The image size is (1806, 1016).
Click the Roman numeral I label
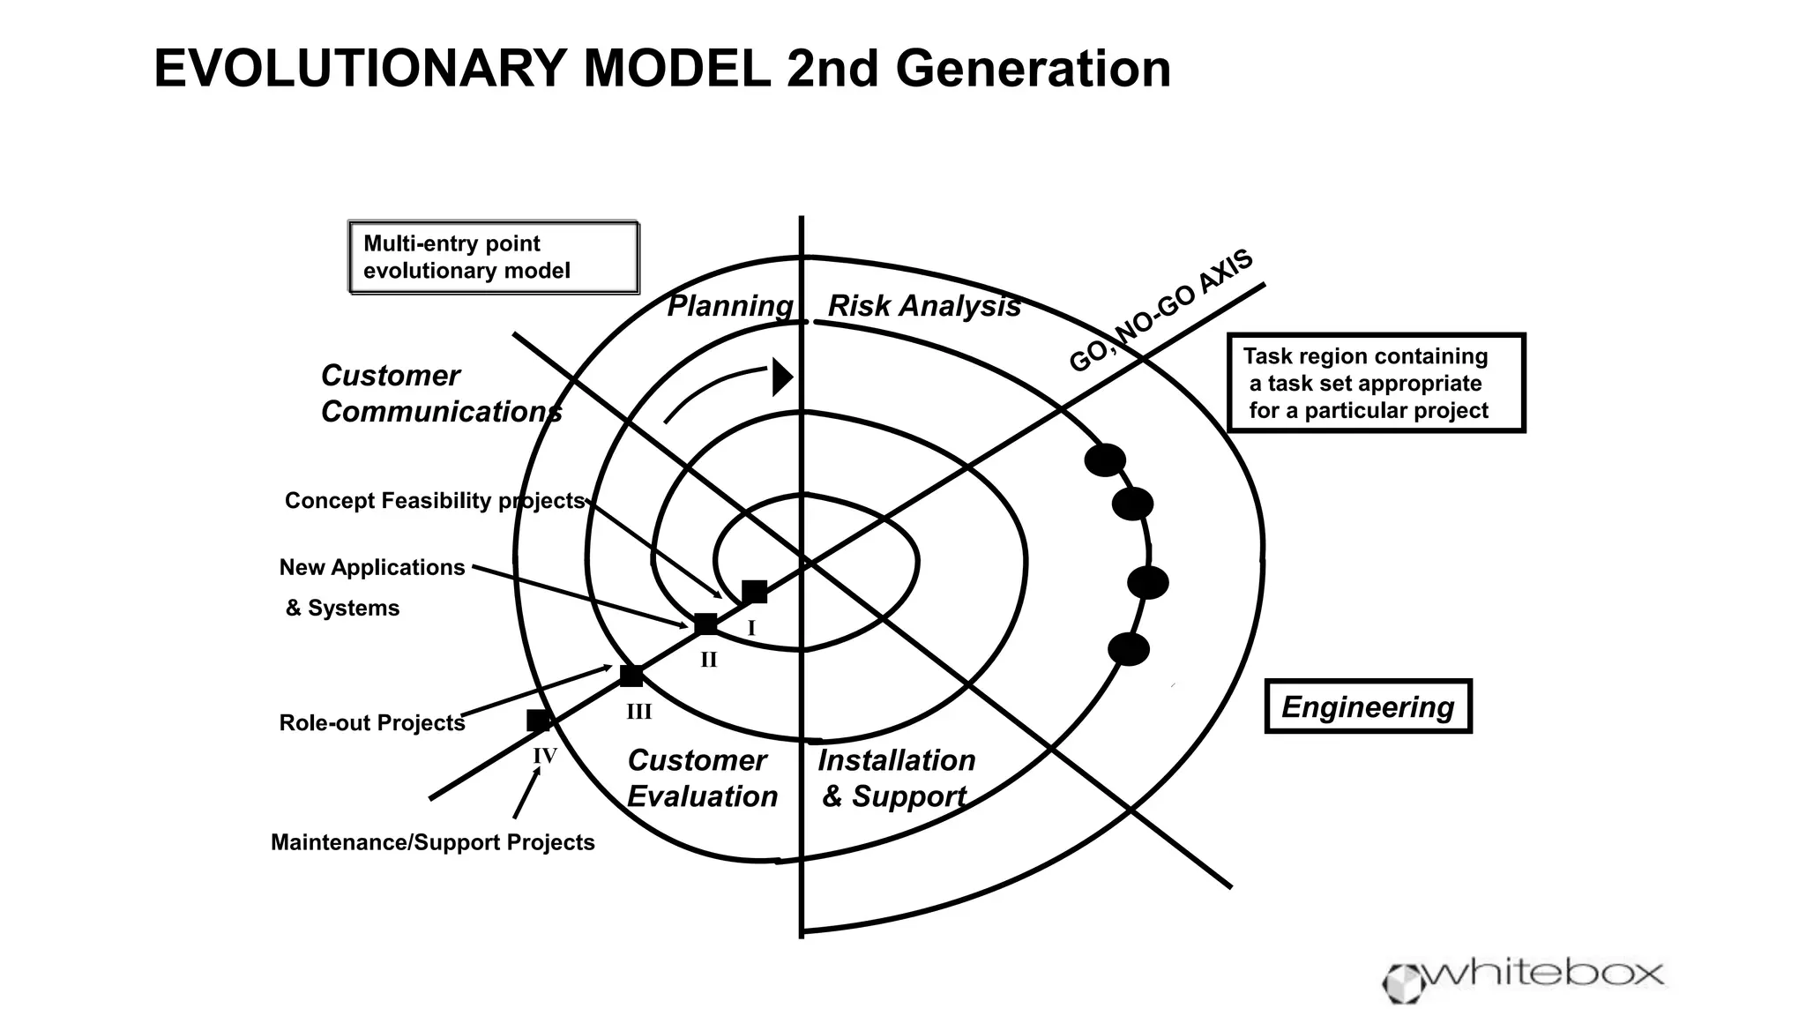751,628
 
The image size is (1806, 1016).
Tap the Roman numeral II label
709,660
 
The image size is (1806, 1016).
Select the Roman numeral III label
639,712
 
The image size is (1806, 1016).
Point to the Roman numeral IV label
545,756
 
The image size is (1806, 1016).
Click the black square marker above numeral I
754,592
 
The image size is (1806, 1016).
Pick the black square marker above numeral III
631,676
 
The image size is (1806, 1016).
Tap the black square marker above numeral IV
538,721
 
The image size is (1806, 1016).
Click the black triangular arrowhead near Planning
782,377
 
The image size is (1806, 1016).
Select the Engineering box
1368,706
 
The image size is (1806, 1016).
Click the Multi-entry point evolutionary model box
494,258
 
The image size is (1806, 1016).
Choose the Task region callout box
1377,384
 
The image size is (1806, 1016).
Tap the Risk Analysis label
923,306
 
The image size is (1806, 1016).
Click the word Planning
730,306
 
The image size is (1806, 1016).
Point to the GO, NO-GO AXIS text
1160,310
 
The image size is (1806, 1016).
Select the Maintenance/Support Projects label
433,842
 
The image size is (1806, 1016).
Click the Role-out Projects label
372,723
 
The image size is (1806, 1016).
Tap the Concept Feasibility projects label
435,501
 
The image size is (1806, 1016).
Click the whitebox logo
1523,977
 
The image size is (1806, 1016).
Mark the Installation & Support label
896,778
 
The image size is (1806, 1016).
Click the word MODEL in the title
677,69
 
